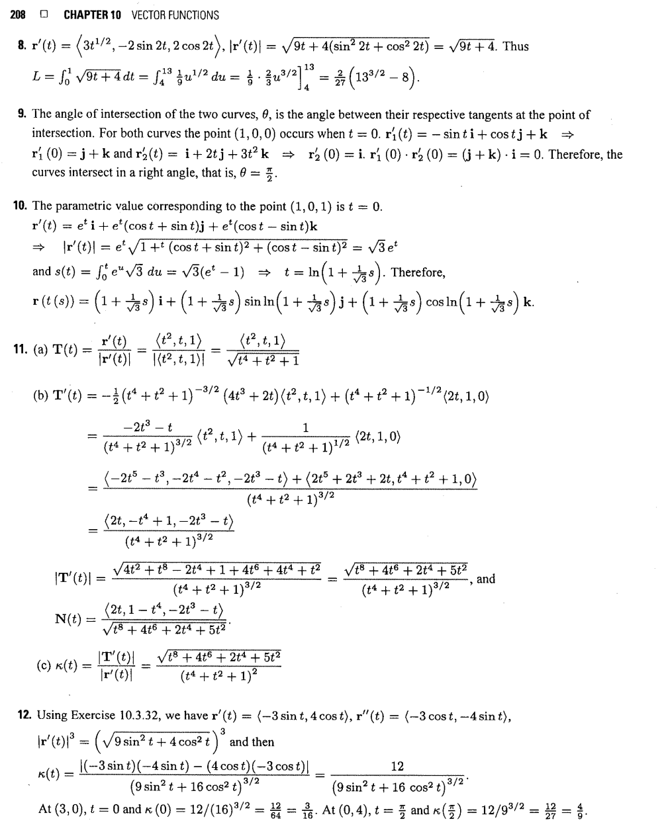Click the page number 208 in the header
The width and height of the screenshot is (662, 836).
[x=19, y=15]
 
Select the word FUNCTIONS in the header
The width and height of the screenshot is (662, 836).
[x=190, y=15]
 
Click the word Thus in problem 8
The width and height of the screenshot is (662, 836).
[x=516, y=46]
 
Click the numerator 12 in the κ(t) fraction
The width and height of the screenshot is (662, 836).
[x=397, y=767]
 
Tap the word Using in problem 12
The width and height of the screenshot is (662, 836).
[x=52, y=716]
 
